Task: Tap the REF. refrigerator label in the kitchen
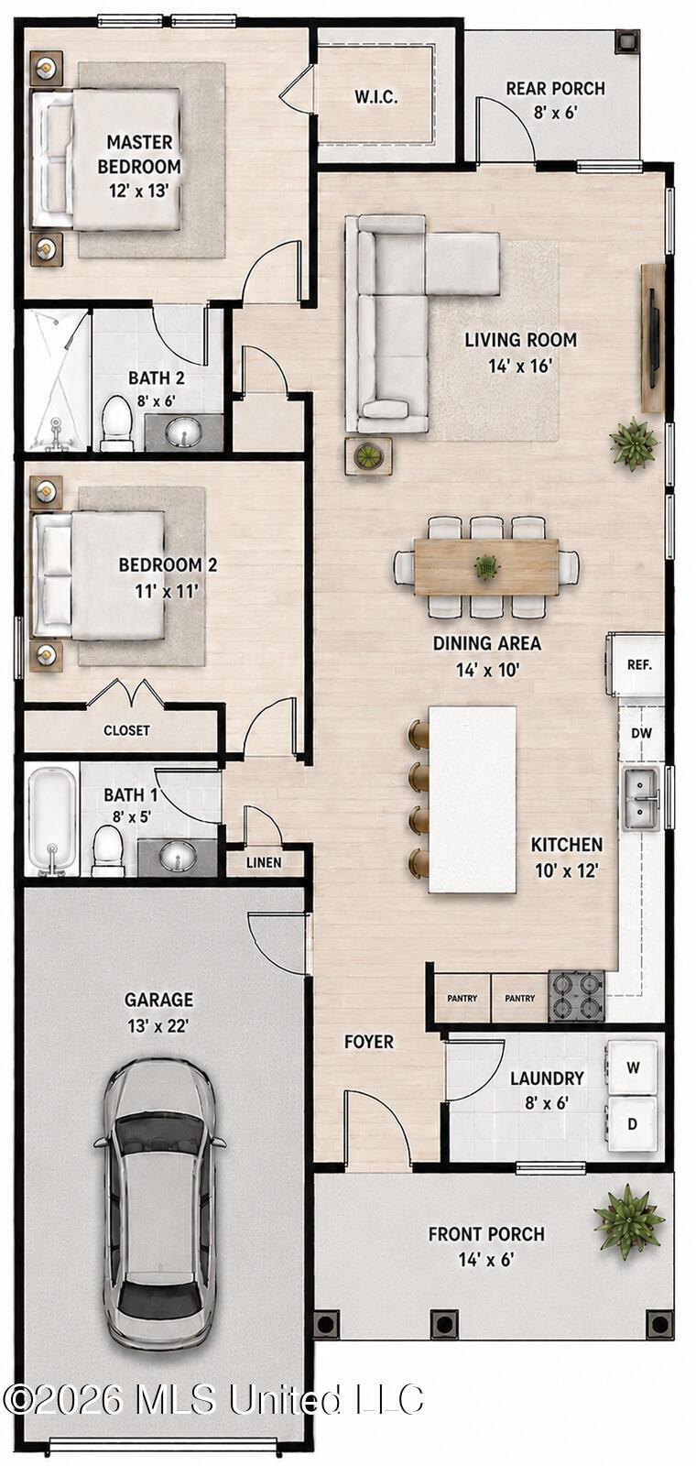click(x=639, y=665)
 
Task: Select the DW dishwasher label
click(x=641, y=733)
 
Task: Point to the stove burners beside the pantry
click(x=576, y=996)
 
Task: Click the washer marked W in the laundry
click(x=633, y=1068)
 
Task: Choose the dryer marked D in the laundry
click(x=632, y=1124)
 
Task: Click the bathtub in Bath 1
click(x=51, y=821)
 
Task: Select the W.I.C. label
click(x=376, y=97)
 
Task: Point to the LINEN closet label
click(x=264, y=862)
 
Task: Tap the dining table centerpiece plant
click(x=486, y=566)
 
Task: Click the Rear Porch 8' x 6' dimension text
click(x=556, y=113)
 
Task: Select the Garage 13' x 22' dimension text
click(x=158, y=1025)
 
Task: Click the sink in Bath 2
click(x=183, y=432)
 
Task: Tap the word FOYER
click(x=369, y=1042)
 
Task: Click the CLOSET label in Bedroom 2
click(x=126, y=730)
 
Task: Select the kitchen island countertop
click(x=473, y=800)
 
